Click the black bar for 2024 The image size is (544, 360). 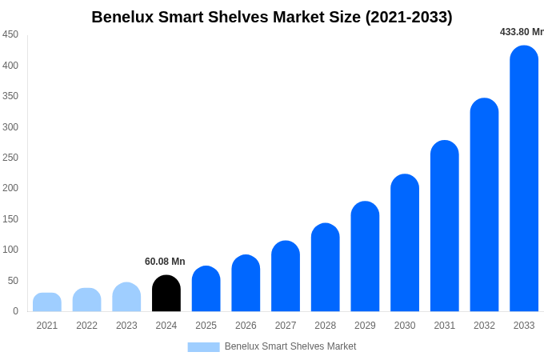point(166,294)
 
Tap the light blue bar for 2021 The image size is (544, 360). point(47,302)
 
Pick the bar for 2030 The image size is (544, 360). point(405,243)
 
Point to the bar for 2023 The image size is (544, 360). point(126,297)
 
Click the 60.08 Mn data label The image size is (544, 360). point(165,262)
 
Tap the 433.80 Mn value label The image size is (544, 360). point(521,32)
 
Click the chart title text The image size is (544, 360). point(272,17)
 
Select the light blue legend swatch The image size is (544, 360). point(203,346)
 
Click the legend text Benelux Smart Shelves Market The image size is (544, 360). point(290,346)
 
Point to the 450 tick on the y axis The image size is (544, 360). point(10,34)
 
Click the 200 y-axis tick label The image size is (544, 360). point(10,188)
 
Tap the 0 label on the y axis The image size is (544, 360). point(15,311)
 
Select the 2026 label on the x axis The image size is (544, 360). point(246,326)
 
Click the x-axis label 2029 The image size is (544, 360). point(365,326)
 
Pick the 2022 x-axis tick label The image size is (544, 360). point(86,326)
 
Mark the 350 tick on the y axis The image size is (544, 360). point(10,96)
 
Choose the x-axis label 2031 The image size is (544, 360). point(444,326)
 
